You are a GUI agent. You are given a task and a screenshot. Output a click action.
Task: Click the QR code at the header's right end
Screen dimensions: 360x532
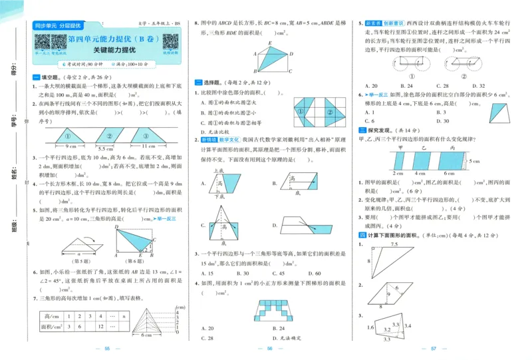(170, 42)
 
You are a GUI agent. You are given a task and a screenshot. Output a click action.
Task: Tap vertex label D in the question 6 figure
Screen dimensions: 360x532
(116, 227)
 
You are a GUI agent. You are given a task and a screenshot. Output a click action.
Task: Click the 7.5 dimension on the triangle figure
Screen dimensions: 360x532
(394, 245)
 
